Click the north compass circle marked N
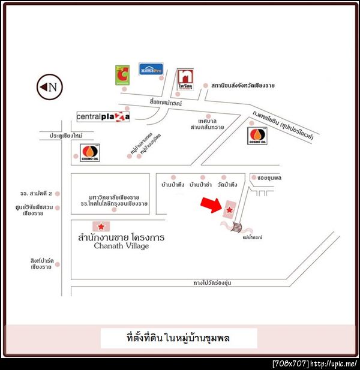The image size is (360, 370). tap(50, 87)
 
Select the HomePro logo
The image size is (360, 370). tap(151, 70)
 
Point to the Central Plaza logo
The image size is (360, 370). tap(103, 116)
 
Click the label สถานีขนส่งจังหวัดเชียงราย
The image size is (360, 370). tap(243, 86)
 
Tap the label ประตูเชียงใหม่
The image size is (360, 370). tap(61, 136)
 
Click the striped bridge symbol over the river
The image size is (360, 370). tap(237, 227)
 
